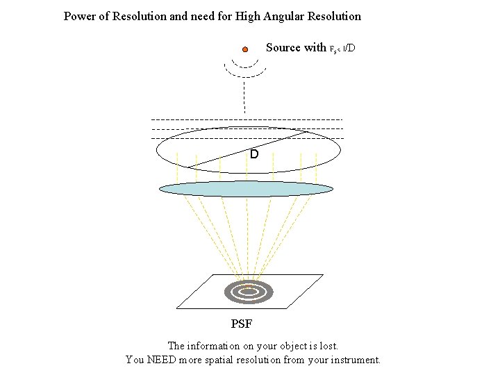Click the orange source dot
[245, 49]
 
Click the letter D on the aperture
[254, 153]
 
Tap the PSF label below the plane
[242, 324]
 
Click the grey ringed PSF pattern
[248, 292]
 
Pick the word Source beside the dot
[283, 47]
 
